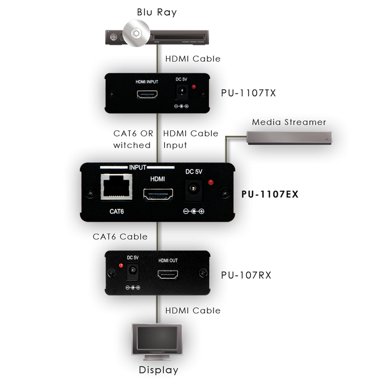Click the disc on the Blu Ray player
pyautogui.click(x=136, y=33)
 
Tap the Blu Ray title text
pyautogui.click(x=157, y=12)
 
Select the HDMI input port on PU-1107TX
pyautogui.click(x=147, y=94)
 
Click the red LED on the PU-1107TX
pyautogui.click(x=194, y=87)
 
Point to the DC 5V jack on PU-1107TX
pyautogui.click(x=182, y=92)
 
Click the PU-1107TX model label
pyautogui.click(x=248, y=93)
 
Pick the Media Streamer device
pyautogui.click(x=289, y=138)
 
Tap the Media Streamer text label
pyautogui.click(x=289, y=122)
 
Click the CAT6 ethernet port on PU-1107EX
pyautogui.click(x=116, y=187)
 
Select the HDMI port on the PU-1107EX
pyautogui.click(x=158, y=194)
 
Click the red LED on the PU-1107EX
pyautogui.click(x=210, y=182)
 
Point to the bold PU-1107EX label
pyautogui.click(x=270, y=194)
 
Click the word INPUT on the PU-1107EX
pyautogui.click(x=137, y=167)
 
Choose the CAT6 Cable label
pyautogui.click(x=120, y=236)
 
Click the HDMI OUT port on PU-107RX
pyautogui.click(x=168, y=275)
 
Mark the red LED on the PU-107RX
pyautogui.click(x=121, y=266)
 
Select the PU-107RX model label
pyautogui.click(x=246, y=275)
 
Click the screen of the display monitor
pyautogui.click(x=157, y=338)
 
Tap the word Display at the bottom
pyautogui.click(x=158, y=370)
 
